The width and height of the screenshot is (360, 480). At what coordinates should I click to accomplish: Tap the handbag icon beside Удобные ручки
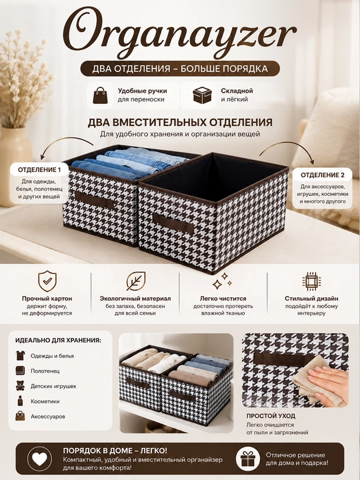tap(101, 95)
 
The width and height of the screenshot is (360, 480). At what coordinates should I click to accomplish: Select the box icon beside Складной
tap(203, 95)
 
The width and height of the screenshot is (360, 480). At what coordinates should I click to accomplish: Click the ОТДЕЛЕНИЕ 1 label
tap(39, 169)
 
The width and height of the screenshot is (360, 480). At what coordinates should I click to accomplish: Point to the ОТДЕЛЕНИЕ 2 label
tap(323, 175)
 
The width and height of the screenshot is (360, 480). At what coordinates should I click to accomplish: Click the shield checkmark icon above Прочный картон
tap(47, 281)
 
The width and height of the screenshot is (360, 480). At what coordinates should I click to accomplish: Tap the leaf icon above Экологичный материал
tap(135, 281)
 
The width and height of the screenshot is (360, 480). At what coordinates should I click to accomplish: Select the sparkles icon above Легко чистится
tap(222, 281)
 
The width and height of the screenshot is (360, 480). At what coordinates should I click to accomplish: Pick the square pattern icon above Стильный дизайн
tap(311, 281)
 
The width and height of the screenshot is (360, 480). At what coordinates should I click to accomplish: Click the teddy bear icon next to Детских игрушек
tap(20, 386)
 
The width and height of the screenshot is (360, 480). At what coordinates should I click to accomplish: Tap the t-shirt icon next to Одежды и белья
tap(20, 355)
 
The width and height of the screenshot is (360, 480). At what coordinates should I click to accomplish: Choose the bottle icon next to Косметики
tap(20, 401)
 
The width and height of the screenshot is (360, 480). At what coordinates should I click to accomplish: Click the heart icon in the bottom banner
tap(40, 459)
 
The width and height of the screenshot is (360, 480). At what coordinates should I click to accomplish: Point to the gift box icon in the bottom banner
tap(248, 459)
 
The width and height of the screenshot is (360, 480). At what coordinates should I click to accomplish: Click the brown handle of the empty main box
tap(173, 223)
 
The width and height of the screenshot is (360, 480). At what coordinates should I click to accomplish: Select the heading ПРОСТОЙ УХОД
tap(271, 416)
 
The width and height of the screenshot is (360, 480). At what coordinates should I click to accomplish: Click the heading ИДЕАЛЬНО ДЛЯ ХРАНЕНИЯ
tap(58, 341)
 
